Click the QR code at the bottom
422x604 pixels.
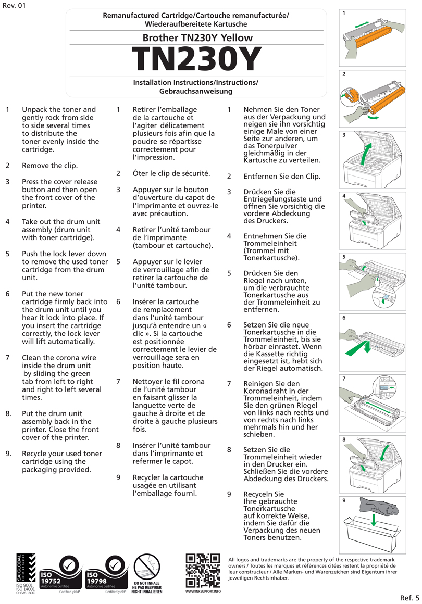point(203,570)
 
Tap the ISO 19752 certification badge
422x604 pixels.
point(60,575)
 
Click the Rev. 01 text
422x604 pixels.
point(14,6)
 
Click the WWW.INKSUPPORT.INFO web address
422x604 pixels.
point(203,592)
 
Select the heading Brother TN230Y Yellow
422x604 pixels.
point(197,37)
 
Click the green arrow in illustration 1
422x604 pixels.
point(364,25)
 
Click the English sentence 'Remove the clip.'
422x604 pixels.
point(49,166)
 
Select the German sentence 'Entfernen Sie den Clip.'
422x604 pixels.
point(282,176)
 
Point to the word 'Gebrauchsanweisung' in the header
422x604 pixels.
point(195,91)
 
